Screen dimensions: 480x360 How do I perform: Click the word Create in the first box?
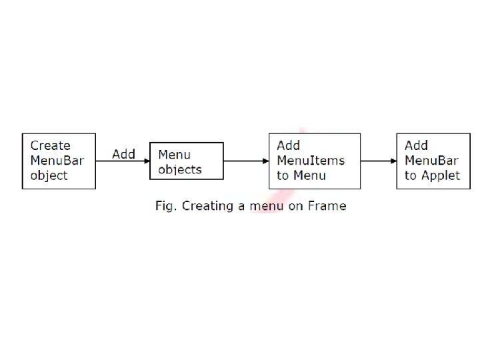(51, 146)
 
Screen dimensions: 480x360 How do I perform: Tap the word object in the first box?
(49, 176)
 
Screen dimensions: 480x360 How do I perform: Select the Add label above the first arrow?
(124, 154)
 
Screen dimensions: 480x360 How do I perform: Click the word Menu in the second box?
(175, 155)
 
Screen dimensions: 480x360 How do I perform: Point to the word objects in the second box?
(180, 169)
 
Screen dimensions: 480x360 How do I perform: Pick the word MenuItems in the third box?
(311, 161)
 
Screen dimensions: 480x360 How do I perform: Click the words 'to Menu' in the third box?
(301, 175)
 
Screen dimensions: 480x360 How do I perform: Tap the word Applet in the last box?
(441, 176)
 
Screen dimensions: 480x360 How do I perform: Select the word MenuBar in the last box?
(431, 161)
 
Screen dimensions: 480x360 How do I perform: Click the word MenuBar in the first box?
(57, 161)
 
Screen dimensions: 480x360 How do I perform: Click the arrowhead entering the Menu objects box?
(147, 161)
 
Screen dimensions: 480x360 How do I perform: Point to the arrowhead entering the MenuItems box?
(266, 161)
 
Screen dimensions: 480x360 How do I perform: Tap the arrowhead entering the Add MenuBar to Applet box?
(394, 161)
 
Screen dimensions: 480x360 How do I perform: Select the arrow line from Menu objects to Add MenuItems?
(246, 161)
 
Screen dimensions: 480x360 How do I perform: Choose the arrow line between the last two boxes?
(379, 161)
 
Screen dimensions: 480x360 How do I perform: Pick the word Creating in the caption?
(207, 206)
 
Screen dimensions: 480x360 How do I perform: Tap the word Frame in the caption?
(327, 206)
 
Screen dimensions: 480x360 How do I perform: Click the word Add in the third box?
(289, 146)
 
